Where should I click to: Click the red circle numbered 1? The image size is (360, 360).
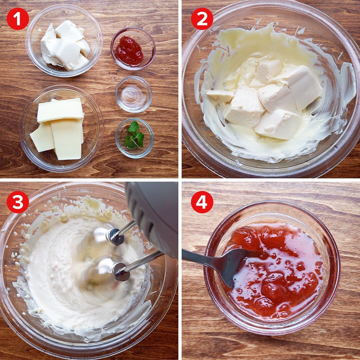(18, 19)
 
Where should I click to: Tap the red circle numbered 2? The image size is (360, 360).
(202, 19)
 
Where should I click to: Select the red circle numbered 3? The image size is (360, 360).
(18, 202)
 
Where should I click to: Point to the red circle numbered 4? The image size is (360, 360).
(202, 202)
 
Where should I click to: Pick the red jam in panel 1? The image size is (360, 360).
(129, 51)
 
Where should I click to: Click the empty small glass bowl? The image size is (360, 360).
(134, 94)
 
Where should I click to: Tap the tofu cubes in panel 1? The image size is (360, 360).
(65, 45)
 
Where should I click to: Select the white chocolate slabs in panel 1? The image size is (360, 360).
(58, 129)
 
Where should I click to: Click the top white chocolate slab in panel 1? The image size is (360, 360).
(60, 110)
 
